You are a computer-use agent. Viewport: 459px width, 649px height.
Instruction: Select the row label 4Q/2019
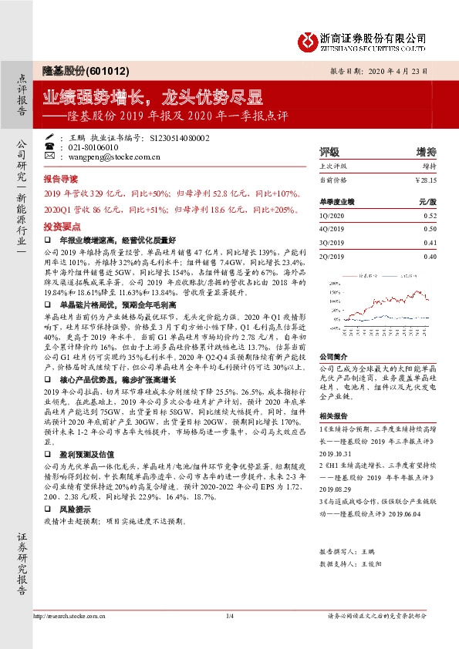pyautogui.click(x=332, y=229)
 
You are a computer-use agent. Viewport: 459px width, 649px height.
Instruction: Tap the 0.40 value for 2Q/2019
pyautogui.click(x=429, y=256)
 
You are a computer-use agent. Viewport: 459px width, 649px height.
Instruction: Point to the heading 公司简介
pyautogui.click(x=335, y=357)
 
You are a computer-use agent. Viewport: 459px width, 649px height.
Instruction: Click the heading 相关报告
pyautogui.click(x=335, y=415)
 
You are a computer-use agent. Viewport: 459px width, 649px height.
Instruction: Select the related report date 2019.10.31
pyautogui.click(x=337, y=454)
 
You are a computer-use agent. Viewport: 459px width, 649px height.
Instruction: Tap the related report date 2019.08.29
pyautogui.click(x=337, y=488)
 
